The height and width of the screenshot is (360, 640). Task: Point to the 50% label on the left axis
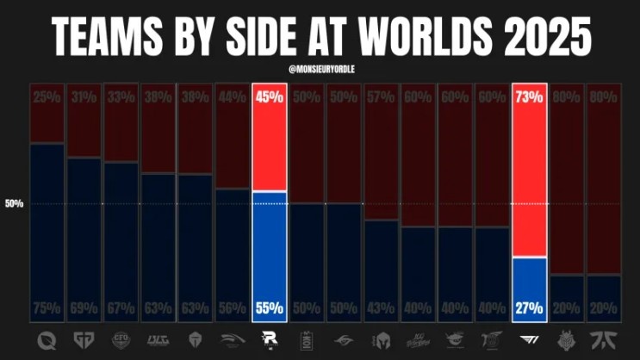click(14, 204)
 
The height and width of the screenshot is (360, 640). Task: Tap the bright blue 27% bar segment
click(529, 284)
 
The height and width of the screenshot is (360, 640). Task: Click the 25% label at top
click(47, 96)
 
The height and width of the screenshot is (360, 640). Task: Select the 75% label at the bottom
click(47, 308)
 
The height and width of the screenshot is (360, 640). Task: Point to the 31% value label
click(84, 96)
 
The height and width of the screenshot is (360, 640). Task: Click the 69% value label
click(84, 308)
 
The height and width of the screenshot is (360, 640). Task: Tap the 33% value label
click(121, 96)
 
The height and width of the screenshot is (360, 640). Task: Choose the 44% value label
click(233, 96)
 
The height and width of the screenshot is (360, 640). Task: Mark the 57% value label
click(381, 96)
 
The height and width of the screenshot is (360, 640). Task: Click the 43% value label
click(381, 308)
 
